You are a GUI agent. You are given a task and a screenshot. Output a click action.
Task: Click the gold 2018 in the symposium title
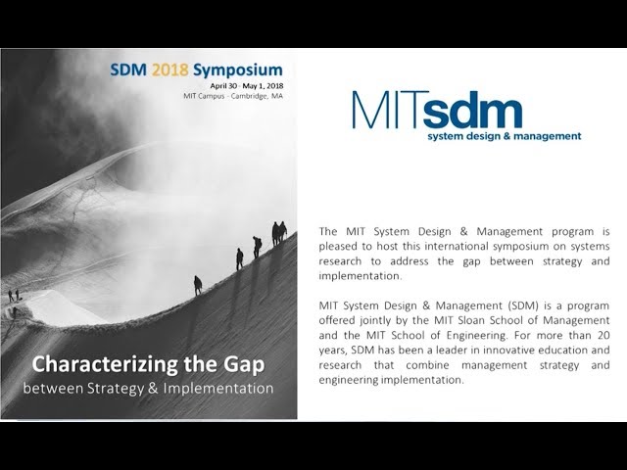[173, 70]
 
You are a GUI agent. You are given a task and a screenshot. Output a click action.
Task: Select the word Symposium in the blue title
[238, 70]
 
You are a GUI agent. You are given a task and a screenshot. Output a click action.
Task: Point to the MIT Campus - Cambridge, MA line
[232, 96]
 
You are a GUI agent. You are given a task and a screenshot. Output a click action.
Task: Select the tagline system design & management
[504, 136]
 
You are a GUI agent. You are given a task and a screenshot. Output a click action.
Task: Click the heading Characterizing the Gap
[148, 365]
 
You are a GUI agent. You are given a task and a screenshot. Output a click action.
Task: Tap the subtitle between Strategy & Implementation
[148, 388]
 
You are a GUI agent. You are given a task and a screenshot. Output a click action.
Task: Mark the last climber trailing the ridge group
[198, 284]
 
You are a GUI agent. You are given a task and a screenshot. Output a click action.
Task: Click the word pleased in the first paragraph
[339, 246]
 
